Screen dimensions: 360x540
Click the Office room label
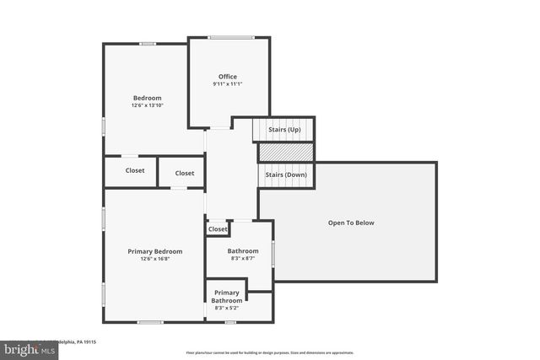227,77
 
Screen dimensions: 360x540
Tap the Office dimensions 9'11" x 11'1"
227,84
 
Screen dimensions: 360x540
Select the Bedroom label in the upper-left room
146,98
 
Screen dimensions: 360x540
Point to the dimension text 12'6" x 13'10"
146,105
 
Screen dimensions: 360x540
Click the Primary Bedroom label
154,251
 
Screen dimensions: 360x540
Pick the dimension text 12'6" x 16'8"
154,259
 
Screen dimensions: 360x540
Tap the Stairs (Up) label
284,130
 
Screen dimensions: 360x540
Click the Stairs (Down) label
285,175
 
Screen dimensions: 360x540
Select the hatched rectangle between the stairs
285,152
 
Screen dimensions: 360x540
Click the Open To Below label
351,223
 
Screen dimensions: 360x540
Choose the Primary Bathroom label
227,297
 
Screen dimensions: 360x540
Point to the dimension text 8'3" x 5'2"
227,309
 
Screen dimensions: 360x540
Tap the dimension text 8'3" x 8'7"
243,259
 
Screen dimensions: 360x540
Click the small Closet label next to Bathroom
218,229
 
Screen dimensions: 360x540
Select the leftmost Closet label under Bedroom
135,170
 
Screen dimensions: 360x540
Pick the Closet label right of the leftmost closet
184,174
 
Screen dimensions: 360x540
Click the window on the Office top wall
232,36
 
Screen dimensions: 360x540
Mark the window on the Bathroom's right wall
273,254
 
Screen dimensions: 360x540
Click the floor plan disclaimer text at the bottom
269,352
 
